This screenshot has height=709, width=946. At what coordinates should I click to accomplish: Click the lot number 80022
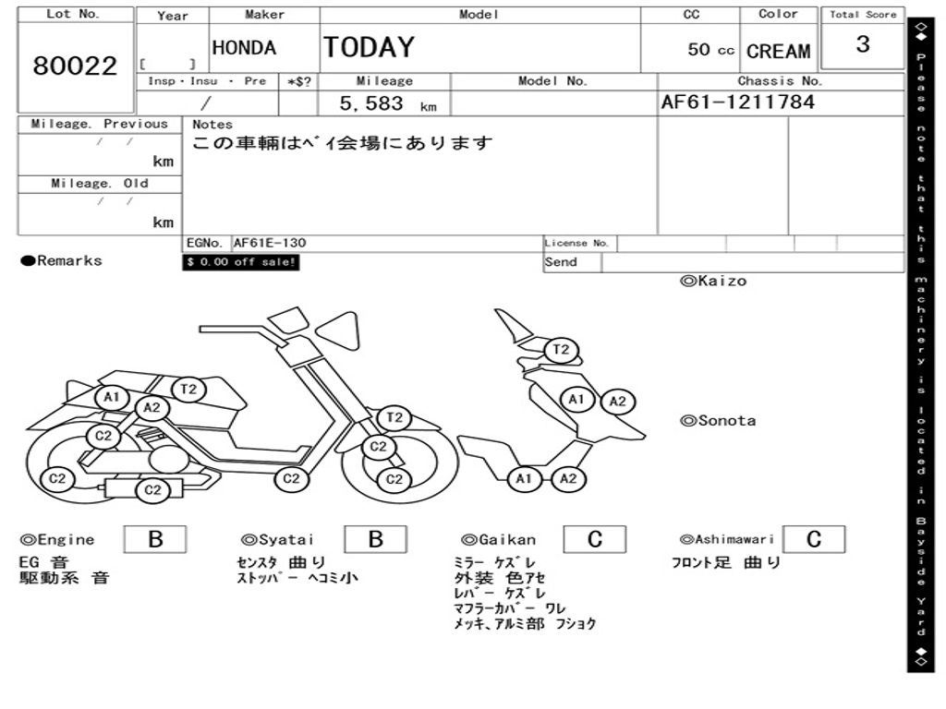pos(75,66)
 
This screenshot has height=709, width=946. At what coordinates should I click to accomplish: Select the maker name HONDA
pos(244,48)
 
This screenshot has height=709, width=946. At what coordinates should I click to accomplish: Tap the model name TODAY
pos(369,47)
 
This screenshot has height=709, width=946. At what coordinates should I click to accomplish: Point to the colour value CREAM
pos(778,52)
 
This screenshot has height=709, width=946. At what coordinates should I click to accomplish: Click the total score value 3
pos(862,44)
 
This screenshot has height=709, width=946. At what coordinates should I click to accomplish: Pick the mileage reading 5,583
pos(371,104)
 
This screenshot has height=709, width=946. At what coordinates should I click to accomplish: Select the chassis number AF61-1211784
pos(737,102)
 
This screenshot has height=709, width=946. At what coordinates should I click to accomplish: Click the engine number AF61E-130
pos(270,244)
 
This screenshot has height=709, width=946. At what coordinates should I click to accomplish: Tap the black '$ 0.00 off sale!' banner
pos(241,262)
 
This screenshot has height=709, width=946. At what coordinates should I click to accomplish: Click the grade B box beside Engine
pos(155,539)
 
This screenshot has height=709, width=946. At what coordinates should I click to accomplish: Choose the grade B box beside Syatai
pos(375,539)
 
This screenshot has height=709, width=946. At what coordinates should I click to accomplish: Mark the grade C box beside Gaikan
pos(594,539)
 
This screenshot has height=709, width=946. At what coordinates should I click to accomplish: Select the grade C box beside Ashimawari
pos(813,539)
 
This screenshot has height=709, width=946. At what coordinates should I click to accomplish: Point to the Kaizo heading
pos(713,281)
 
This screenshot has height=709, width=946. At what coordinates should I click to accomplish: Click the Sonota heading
pos(718,421)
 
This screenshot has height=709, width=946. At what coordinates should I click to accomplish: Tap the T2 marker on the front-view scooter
pos(561,350)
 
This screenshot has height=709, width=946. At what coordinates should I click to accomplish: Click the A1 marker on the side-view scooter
pos(113,397)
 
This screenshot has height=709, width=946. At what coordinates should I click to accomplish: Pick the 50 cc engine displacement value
pos(710,50)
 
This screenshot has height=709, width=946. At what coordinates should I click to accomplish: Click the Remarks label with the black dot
pos(62,261)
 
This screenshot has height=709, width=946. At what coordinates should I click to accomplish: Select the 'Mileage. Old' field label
pos(100,184)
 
